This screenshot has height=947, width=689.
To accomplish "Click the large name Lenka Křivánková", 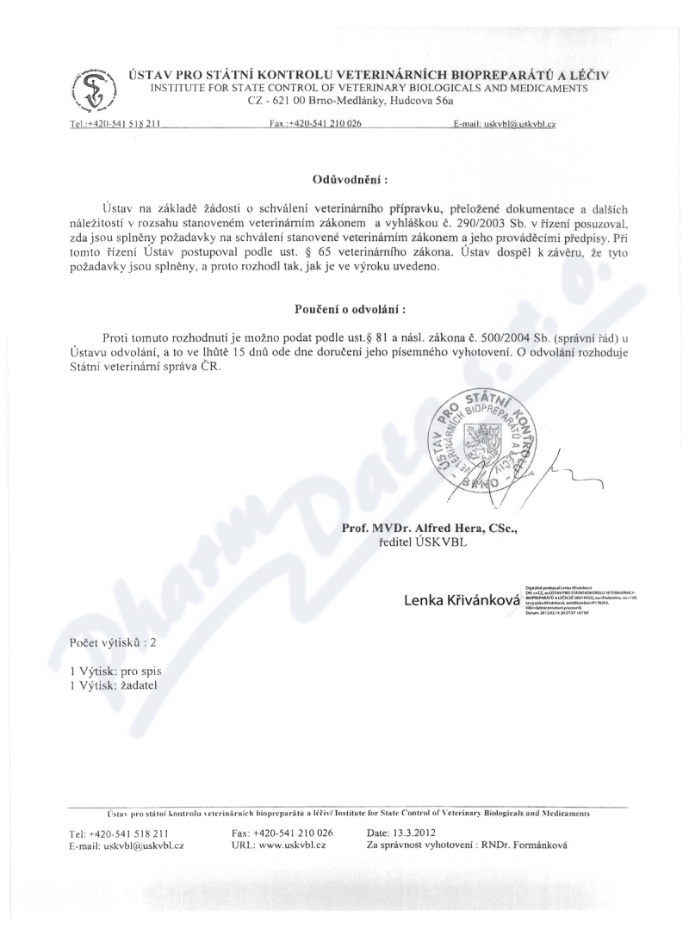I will point(462,600).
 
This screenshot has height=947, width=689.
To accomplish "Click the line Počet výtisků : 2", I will point(113,642).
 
